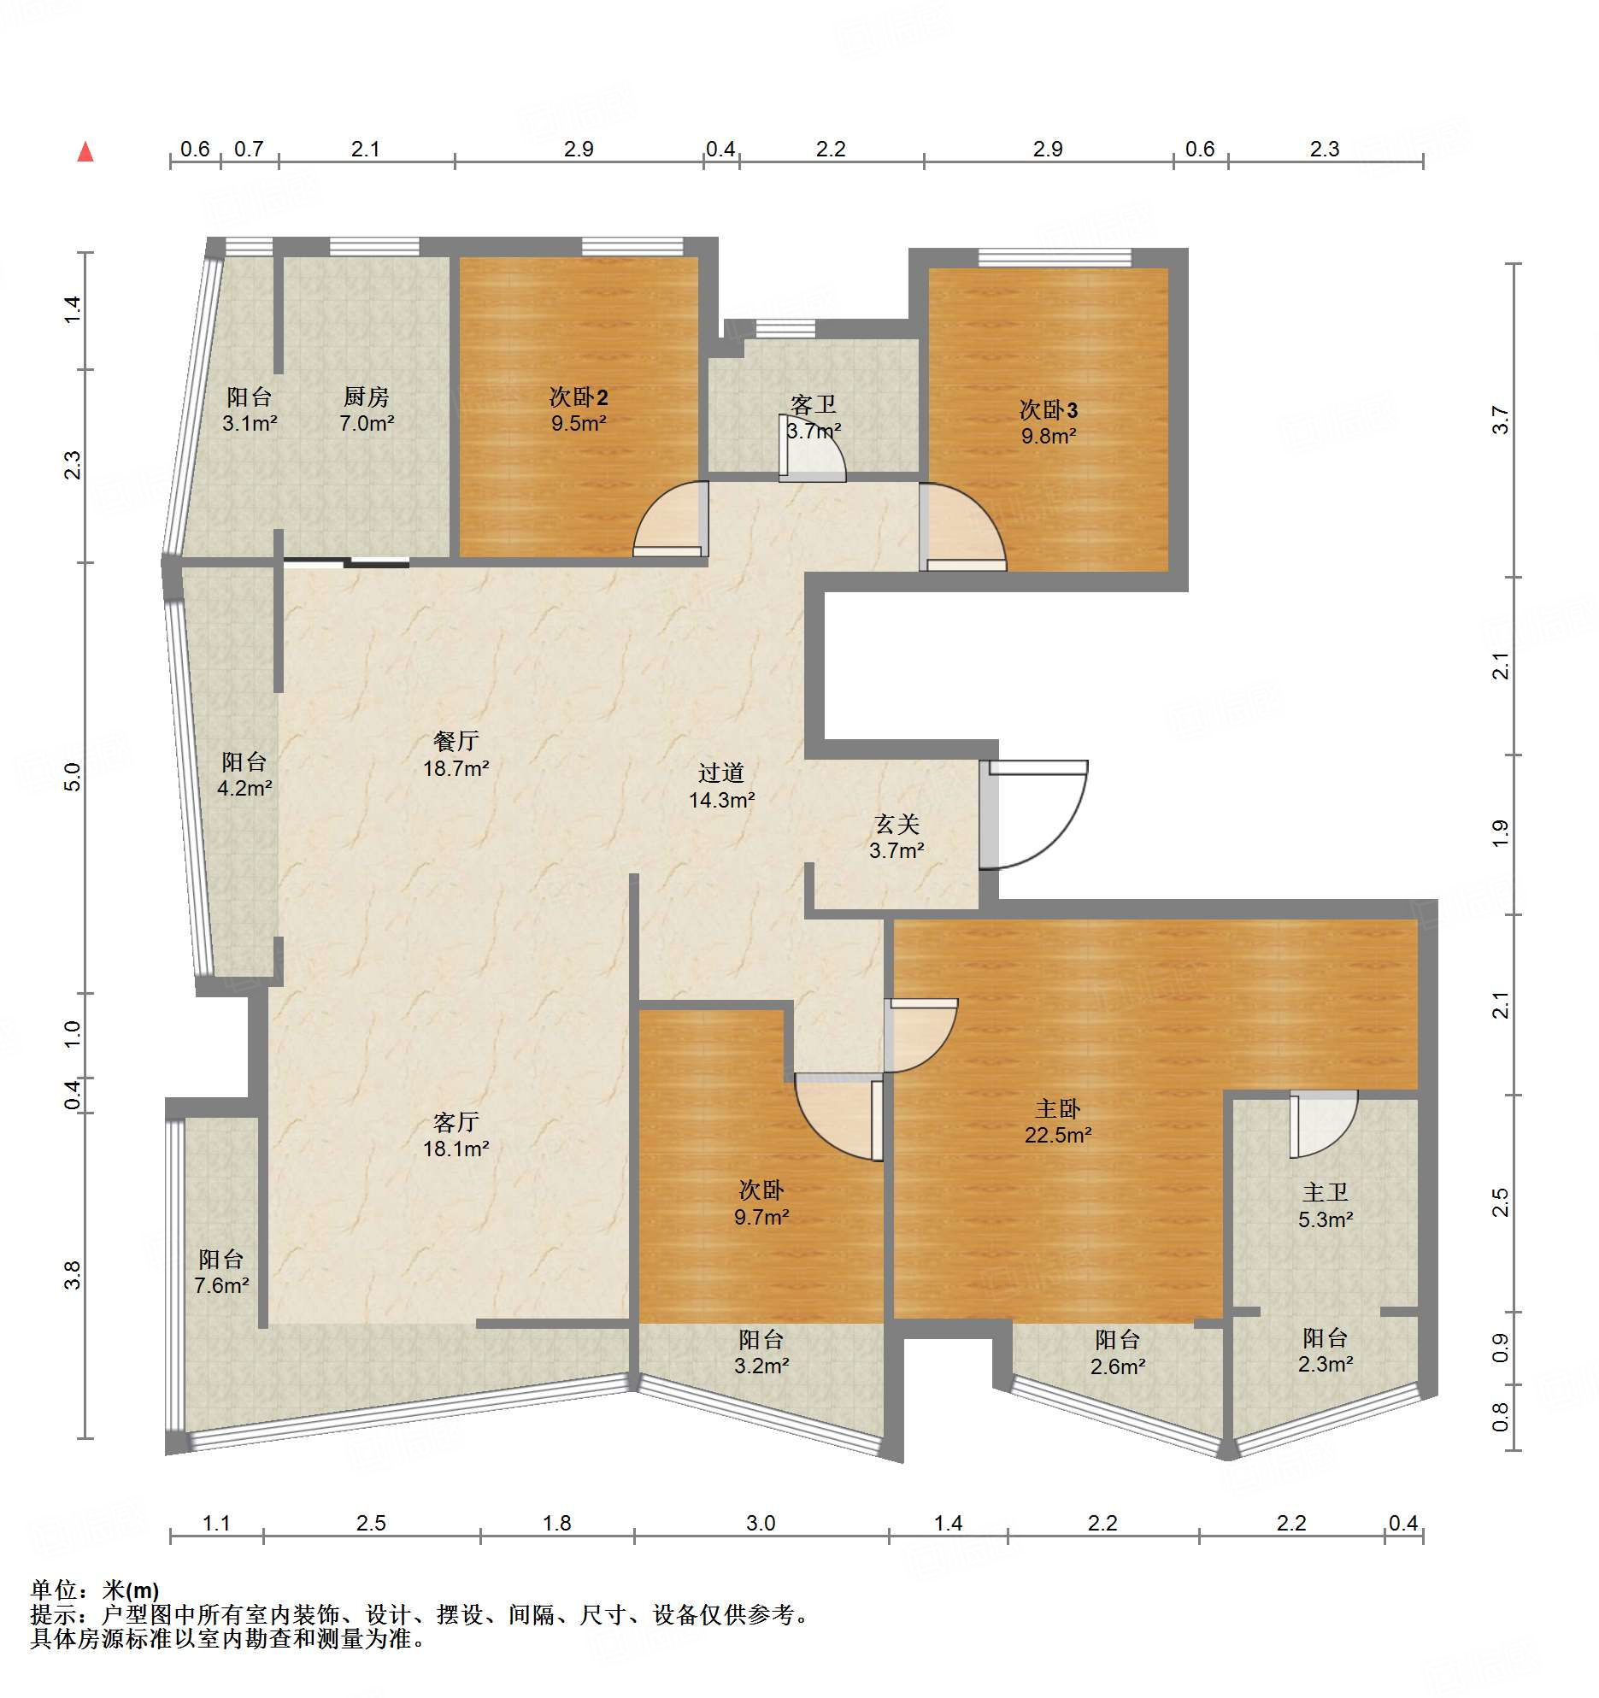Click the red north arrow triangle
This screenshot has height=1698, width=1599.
pos(85,151)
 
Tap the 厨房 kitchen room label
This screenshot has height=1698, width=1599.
pos(366,397)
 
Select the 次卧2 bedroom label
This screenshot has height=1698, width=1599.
pos(579,397)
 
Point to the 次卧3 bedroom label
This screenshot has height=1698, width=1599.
pos(1049,409)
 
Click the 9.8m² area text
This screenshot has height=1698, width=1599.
pos(1049,436)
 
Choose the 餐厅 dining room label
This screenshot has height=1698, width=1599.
pos(456,741)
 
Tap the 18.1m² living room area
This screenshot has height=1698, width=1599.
pos(456,1149)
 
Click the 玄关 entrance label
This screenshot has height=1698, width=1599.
pos(896,824)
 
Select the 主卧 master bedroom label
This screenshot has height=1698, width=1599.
pos(1058,1108)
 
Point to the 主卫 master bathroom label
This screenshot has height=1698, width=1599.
pos(1326,1192)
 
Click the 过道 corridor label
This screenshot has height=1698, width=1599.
pos(721,773)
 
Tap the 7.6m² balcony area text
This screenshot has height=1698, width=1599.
pos(221,1285)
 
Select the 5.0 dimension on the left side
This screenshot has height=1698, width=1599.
pos(73,777)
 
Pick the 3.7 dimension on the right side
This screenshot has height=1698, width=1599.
pos(1501,420)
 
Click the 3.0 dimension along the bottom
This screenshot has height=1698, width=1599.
pos(761,1523)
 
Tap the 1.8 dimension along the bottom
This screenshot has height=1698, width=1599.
pos(557,1523)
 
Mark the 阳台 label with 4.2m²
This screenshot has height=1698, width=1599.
pos(244,761)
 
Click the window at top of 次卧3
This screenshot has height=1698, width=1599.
pos(1055,257)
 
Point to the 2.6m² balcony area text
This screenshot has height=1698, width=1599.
pos(1118,1366)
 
